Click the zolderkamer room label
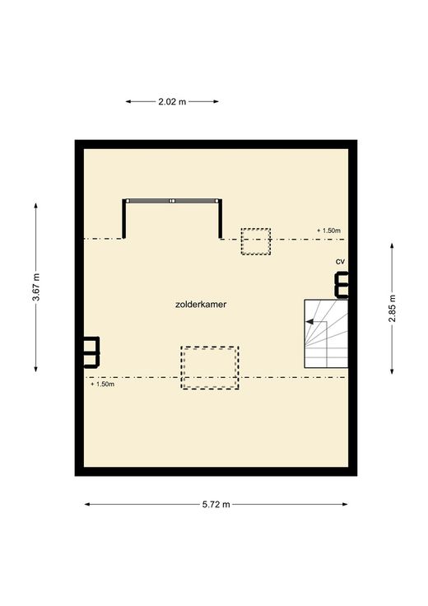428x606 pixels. (x=201, y=304)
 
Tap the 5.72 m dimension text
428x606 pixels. (x=216, y=505)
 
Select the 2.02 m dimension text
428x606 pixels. (x=172, y=101)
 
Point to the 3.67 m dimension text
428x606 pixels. (x=35, y=287)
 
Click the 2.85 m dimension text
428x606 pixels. (x=392, y=309)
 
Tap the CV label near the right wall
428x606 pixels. (x=340, y=262)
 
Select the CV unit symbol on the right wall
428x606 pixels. (x=341, y=285)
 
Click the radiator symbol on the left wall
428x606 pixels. (x=92, y=352)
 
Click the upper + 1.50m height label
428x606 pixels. (x=328, y=231)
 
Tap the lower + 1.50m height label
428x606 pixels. (x=102, y=385)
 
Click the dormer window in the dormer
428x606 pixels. (x=172, y=201)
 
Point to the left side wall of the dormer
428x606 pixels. (x=124, y=219)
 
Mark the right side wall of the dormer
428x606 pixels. (x=221, y=219)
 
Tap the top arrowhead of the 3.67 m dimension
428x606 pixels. (x=36, y=207)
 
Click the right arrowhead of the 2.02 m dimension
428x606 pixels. (x=216, y=101)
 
